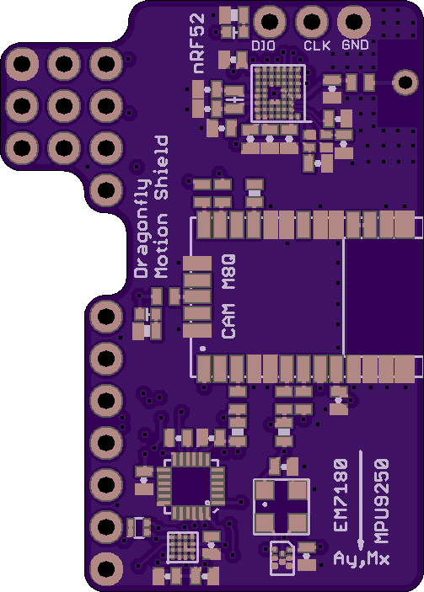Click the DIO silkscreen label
pos(263,46)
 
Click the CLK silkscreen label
pos(317,45)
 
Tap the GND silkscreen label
pos(355,45)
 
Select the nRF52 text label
pos(199,44)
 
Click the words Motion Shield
pos(161,207)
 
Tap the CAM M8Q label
pos(228,296)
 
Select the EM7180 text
pos(341,495)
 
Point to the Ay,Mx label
pos(362,558)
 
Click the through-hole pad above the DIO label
pos(270,21)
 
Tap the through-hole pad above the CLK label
pos(312,21)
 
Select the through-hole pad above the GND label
pos(354,21)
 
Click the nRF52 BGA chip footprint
pos(278,93)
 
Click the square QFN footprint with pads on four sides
pos(191,486)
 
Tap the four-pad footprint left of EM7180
pos(282,507)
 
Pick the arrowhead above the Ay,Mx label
pos(361,545)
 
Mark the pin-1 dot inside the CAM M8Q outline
pos(203,349)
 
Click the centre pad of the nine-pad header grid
pos(64,106)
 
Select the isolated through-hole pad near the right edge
pos(405,83)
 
